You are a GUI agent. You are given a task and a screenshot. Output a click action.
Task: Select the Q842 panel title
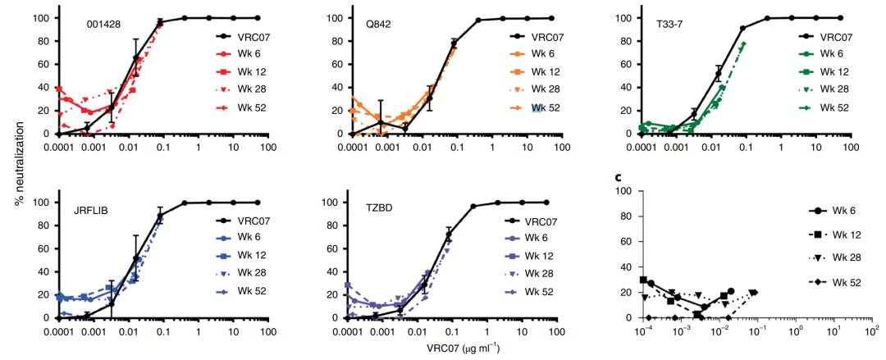[x=378, y=25]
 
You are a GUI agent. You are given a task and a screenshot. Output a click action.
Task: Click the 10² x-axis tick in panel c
[x=871, y=331]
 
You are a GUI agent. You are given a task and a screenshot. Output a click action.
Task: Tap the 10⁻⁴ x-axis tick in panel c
[x=642, y=331]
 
